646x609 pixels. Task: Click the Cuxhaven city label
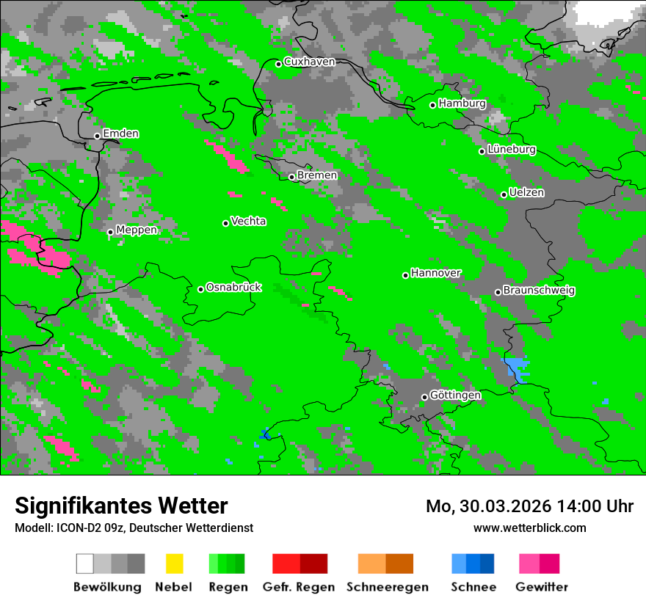309,62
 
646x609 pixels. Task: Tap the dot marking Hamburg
433,105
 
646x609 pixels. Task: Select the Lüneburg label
511,149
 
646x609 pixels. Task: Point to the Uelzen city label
526,192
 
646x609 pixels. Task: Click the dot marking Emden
97,136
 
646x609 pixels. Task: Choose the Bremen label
317,175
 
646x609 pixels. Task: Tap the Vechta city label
248,221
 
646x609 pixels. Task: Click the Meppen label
137,230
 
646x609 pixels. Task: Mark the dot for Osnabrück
200,289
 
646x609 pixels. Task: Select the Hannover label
436,273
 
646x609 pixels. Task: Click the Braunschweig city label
539,290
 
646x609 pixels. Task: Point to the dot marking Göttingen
424,397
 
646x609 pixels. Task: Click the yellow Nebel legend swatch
174,564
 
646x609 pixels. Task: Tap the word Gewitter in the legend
542,587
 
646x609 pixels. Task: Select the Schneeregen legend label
388,587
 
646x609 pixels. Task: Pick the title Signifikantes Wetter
121,506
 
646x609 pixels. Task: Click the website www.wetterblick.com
529,528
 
